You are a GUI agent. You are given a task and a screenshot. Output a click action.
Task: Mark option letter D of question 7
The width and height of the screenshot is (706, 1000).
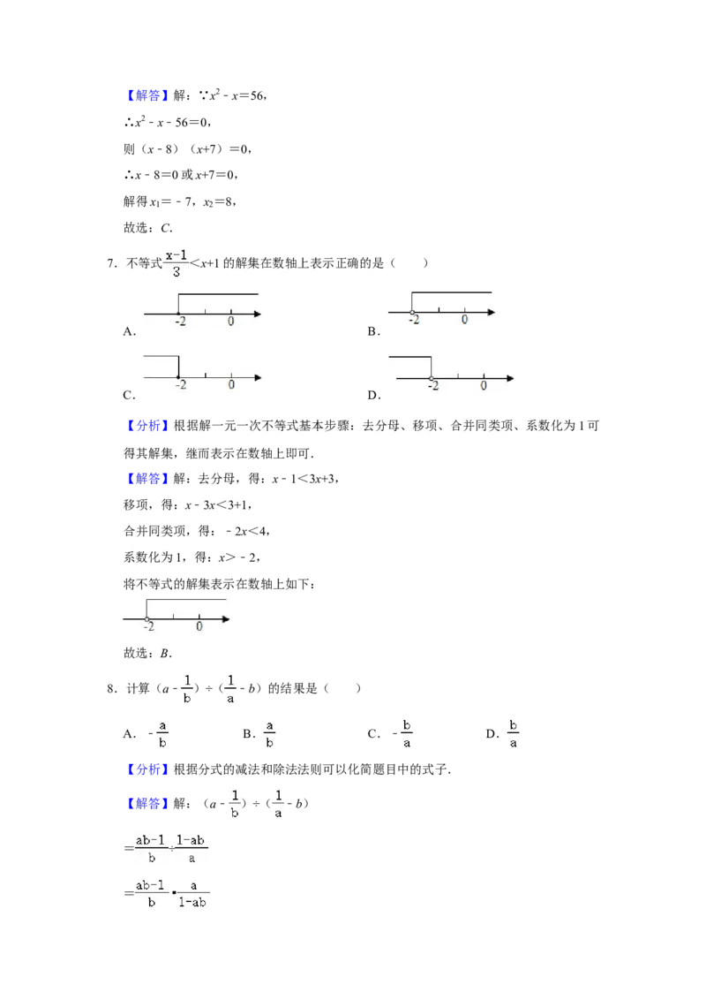[x=372, y=395]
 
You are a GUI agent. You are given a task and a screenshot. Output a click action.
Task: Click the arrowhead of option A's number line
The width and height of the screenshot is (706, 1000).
[x=258, y=314]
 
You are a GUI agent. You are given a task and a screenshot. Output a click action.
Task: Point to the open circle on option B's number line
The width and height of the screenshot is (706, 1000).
[x=412, y=313]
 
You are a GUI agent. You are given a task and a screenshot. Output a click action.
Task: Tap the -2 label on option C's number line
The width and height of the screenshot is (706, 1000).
[x=181, y=384]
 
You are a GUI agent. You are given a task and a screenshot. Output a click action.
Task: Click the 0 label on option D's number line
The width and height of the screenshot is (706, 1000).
[x=484, y=385]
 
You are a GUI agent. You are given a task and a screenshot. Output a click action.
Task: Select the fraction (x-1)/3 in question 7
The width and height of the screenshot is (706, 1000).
[x=176, y=262]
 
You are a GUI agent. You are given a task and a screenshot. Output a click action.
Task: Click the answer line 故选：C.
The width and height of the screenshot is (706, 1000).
[x=148, y=228]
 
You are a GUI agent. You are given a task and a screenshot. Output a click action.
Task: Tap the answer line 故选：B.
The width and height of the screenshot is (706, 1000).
[x=148, y=653]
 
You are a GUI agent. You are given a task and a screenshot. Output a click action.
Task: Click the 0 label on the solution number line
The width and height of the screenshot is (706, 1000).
[x=199, y=626]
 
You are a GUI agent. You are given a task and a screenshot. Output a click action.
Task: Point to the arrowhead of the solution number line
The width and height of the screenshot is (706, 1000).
[x=226, y=618]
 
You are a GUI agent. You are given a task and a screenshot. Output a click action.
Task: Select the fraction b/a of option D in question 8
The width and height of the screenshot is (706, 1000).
[x=513, y=734]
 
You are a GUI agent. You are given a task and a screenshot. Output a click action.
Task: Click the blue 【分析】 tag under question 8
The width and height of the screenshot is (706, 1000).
[x=147, y=769]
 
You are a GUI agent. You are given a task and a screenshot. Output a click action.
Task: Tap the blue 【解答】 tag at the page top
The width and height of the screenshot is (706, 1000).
[x=147, y=95]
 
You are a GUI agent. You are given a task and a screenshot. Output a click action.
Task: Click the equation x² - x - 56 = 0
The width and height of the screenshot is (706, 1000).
[x=169, y=122]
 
